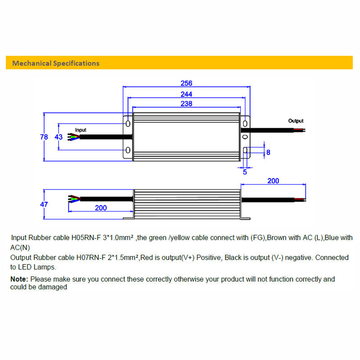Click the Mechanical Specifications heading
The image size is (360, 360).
tap(56, 63)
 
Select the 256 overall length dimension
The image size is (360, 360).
tap(186, 83)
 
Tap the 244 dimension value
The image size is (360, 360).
tap(186, 94)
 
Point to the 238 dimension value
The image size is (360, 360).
tap(186, 103)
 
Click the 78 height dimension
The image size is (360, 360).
tap(44, 137)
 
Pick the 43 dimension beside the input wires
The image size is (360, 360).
tap(58, 137)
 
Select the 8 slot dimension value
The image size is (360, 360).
tap(268, 153)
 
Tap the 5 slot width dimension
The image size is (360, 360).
tap(245, 171)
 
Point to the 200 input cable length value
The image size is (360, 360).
tap(101, 208)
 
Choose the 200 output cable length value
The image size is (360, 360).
tap(273, 181)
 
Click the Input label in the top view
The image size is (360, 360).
tap(81, 130)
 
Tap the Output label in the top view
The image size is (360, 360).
tap(296, 121)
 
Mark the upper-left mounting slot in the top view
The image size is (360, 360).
tap(128, 123)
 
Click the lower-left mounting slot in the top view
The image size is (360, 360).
tap(128, 150)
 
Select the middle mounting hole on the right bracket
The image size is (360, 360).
tap(245, 136)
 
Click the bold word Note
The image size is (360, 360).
tap(19, 279)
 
